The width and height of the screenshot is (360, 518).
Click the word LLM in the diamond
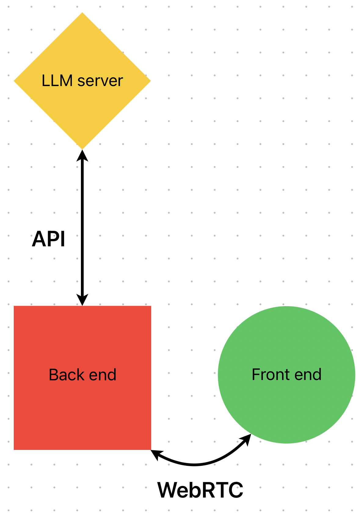click(57, 81)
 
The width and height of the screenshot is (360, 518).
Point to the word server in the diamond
click(100, 81)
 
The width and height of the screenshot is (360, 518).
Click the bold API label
click(48, 239)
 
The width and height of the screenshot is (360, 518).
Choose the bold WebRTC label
click(200, 490)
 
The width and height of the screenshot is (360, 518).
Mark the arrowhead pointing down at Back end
click(82, 300)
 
